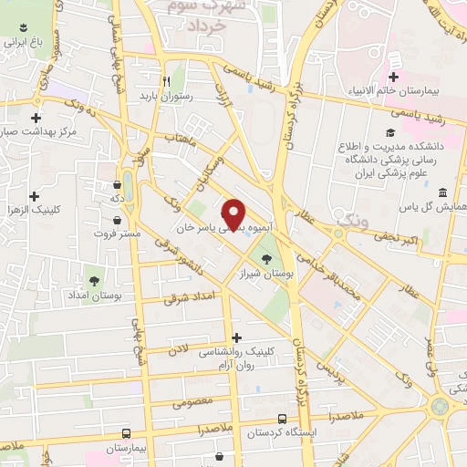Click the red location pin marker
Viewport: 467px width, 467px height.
(x=235, y=213)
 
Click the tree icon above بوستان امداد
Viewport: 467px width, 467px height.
(x=94, y=280)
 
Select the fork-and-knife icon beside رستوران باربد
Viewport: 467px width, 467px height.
(x=166, y=79)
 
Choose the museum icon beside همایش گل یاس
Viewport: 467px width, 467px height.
(x=442, y=192)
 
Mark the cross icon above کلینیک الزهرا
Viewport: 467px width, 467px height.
(x=35, y=196)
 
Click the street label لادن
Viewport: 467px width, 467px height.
(x=178, y=348)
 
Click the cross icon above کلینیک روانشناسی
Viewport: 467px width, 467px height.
(x=236, y=337)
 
